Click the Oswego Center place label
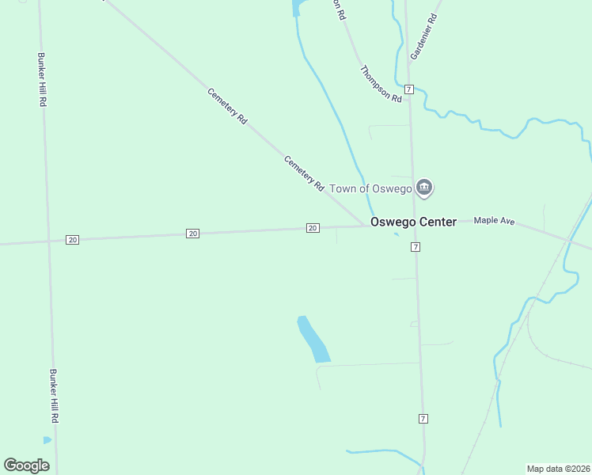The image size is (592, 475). pos(414,222)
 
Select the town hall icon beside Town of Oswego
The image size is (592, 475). pos(424,188)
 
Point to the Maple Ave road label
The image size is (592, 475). pos(494,221)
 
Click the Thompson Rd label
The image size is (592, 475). pos(381,83)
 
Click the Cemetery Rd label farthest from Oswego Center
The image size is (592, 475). pos(228,105)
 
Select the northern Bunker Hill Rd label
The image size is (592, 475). pos(43,80)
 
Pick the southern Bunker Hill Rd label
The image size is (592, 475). pos(54,395)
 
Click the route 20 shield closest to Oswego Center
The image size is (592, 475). pos(313,228)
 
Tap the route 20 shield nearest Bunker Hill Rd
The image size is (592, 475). pos(73,240)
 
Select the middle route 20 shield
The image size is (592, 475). pos(193,234)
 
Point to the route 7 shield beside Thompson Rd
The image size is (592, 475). pos(408,89)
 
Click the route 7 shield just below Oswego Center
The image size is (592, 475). pos(415,248)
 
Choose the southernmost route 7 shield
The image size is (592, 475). pos(423,418)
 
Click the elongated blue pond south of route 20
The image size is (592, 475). pos(313,340)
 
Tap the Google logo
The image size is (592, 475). pos(26,465)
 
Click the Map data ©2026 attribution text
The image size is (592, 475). pos(558,468)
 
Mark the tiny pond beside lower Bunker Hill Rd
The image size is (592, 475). pos(47,440)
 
